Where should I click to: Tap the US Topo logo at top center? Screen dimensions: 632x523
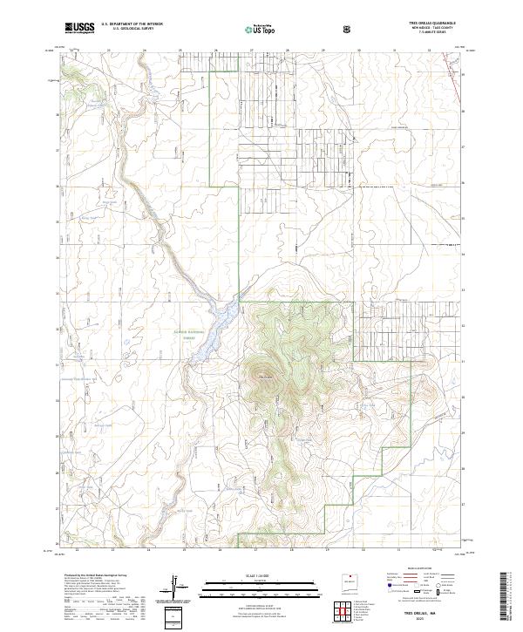pyautogui.click(x=250, y=29)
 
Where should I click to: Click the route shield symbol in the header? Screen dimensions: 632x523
pyautogui.click(x=347, y=29)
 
